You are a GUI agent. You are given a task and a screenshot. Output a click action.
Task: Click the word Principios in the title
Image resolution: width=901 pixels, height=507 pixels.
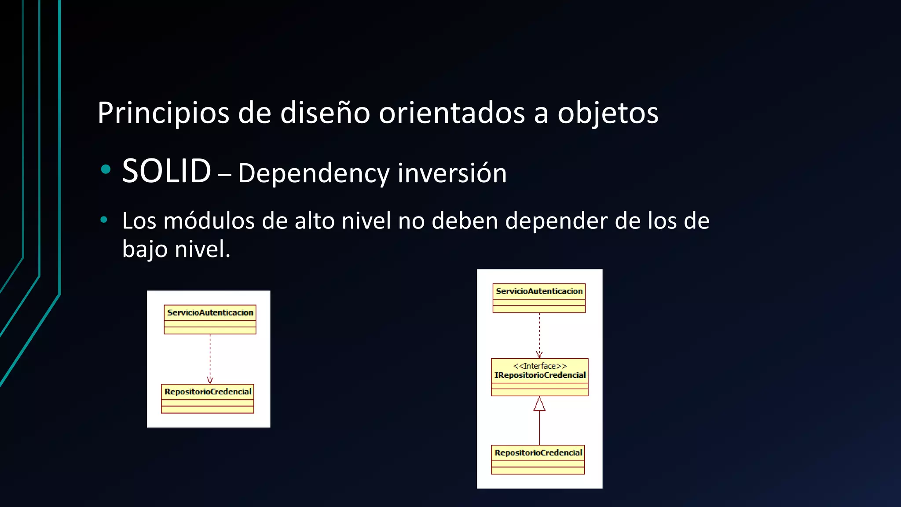click(163, 113)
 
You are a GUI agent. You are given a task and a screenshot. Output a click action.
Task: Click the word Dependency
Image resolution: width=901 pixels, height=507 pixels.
click(313, 173)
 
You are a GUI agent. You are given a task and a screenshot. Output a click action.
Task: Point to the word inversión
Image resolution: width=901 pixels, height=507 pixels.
click(452, 173)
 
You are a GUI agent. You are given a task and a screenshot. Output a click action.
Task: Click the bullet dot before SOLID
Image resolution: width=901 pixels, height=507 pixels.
click(106, 169)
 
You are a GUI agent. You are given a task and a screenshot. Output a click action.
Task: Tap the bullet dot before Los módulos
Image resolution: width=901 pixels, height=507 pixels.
click(104, 220)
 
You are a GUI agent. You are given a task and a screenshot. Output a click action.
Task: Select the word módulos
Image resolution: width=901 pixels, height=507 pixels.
click(209, 221)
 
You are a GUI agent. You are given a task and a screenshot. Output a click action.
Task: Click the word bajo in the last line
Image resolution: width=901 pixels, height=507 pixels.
click(145, 250)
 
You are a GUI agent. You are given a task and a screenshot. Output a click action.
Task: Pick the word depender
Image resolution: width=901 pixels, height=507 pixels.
click(556, 221)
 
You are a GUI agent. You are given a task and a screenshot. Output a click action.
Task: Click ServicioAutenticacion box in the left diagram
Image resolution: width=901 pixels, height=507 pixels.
click(210, 320)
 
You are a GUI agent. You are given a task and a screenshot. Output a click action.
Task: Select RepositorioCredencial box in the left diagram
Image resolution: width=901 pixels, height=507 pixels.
click(208, 398)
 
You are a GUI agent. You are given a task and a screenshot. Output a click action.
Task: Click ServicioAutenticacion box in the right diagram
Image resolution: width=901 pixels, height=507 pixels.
click(539, 298)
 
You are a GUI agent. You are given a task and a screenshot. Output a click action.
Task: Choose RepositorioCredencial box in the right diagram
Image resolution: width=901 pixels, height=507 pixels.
click(538, 459)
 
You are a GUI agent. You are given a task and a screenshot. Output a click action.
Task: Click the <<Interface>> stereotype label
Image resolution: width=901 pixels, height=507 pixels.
click(540, 366)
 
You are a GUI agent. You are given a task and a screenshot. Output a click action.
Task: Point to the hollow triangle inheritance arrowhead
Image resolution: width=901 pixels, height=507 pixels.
click(539, 404)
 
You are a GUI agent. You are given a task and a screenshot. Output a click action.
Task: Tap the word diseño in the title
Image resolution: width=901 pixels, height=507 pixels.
click(326, 113)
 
